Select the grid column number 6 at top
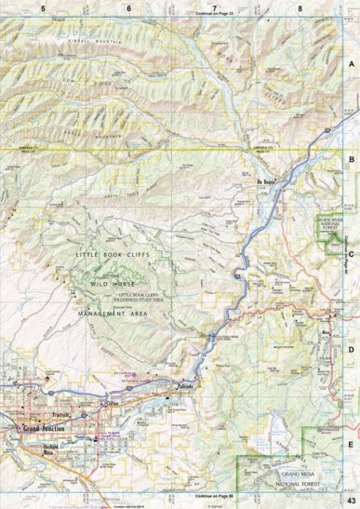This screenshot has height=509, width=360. point(128,7)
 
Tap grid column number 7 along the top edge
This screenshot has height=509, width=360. point(214,7)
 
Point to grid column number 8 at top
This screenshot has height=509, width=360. point(300,7)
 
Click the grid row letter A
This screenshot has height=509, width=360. point(352,64)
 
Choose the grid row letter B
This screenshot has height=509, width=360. point(352,159)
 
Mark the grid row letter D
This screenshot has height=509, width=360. point(352,349)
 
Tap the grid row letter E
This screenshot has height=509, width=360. point(352,444)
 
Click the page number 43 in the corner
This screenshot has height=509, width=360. point(349,502)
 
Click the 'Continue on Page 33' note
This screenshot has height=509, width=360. point(216,15)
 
